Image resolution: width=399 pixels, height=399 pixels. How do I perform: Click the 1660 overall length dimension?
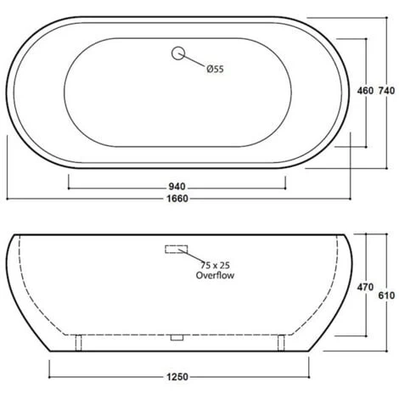click(x=177, y=199)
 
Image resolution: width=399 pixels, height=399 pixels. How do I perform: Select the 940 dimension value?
click(x=177, y=187)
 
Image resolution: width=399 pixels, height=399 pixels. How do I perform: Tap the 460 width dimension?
click(x=365, y=91)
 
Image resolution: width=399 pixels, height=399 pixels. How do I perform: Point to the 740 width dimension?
click(x=386, y=91)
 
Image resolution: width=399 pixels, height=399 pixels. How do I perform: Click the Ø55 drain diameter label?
click(x=215, y=69)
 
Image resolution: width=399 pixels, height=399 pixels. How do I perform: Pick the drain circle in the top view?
click(x=178, y=53)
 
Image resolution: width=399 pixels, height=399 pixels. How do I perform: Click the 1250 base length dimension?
click(x=177, y=377)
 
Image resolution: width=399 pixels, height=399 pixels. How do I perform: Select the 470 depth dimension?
click(x=365, y=287)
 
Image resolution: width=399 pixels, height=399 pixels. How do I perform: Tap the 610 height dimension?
click(x=386, y=295)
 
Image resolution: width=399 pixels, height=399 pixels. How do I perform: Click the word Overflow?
click(x=215, y=275)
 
